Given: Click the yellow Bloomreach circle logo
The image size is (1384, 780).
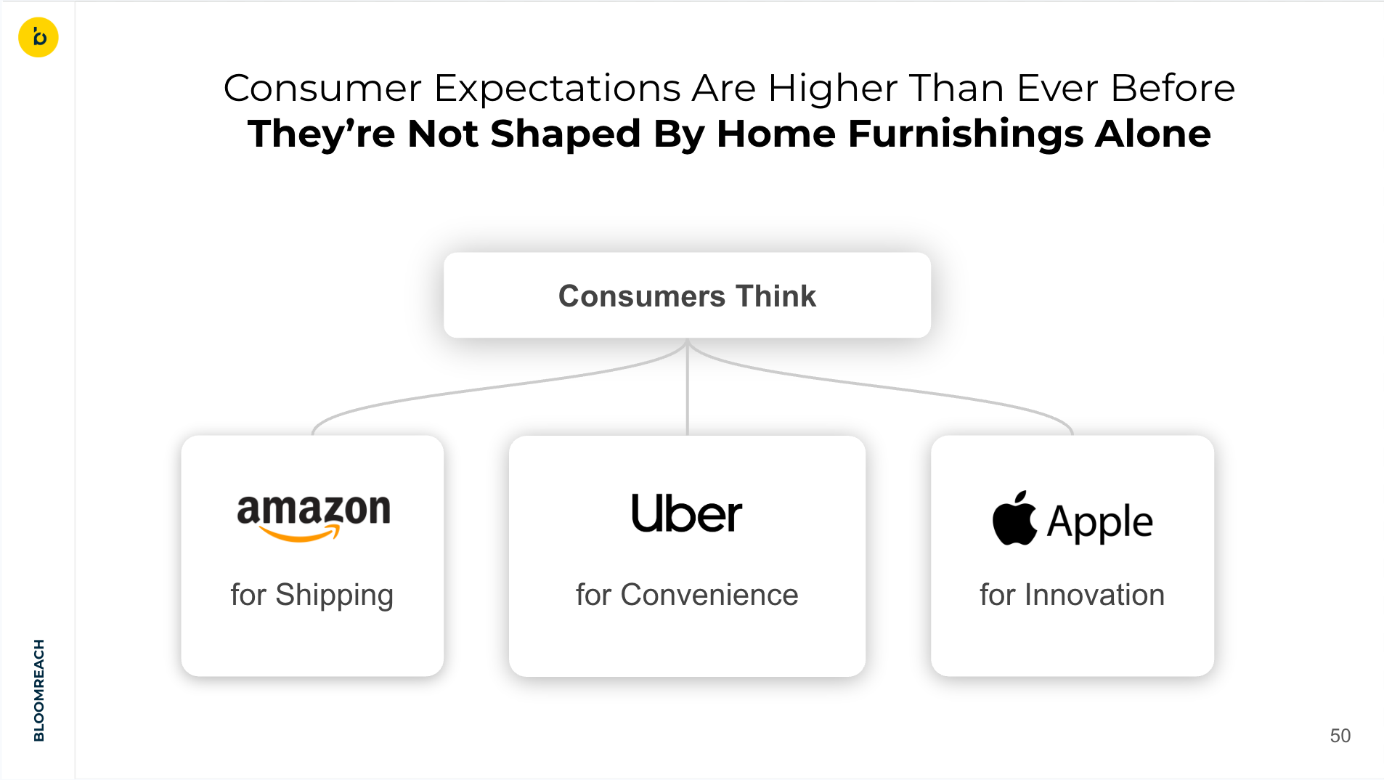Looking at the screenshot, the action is [x=38, y=37].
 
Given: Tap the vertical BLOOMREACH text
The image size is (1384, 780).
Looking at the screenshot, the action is [x=39, y=690].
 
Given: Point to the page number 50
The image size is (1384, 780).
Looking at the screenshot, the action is [x=1340, y=736].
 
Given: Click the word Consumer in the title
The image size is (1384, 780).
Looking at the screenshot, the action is [x=322, y=89].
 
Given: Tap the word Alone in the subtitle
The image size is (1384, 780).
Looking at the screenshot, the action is [x=1153, y=134].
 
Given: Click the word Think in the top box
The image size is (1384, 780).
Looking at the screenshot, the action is [x=776, y=296].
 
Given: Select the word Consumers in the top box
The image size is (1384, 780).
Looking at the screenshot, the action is [x=642, y=296].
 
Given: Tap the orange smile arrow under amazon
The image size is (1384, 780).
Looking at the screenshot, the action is [x=299, y=534].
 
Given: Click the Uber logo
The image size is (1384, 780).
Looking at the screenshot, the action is [x=687, y=513].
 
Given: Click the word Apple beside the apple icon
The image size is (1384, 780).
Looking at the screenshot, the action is [x=1100, y=523].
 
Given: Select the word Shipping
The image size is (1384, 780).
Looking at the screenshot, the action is [x=335, y=596].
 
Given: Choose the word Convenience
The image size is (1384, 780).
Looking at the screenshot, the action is [x=709, y=595].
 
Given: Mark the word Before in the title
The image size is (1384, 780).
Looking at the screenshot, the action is [x=1173, y=89].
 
